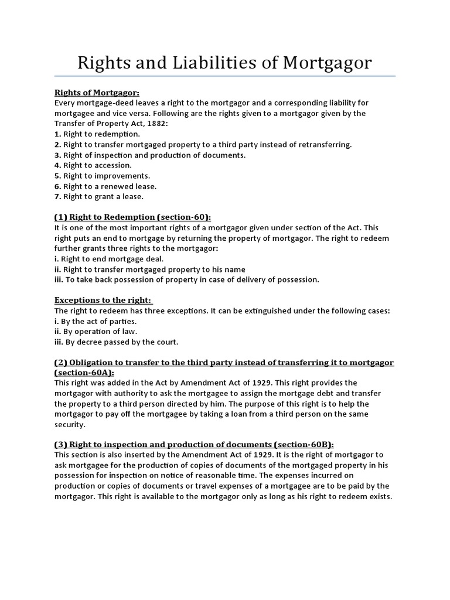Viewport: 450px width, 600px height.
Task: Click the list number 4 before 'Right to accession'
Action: click(57, 165)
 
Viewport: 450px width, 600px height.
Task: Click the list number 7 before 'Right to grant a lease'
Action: click(57, 197)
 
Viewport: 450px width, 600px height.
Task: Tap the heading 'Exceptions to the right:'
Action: click(103, 301)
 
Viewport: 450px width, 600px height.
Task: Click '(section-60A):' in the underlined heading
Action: click(85, 373)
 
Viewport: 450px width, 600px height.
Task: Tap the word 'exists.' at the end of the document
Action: click(378, 497)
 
